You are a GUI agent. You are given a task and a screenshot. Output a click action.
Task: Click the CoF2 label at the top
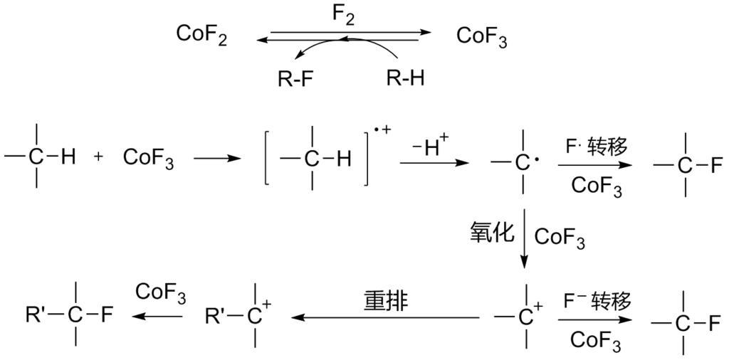click(201, 36)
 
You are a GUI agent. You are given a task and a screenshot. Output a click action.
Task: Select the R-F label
click(295, 78)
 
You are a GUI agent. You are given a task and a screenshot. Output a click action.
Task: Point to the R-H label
click(405, 78)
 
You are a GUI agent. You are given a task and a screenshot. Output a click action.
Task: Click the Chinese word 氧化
click(490, 233)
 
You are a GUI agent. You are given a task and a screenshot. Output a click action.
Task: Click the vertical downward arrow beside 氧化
click(524, 238)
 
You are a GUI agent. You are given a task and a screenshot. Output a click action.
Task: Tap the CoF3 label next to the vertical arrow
click(559, 238)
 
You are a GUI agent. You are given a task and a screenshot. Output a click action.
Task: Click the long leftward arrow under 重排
click(385, 317)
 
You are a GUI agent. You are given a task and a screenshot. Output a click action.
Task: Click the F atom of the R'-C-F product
click(106, 314)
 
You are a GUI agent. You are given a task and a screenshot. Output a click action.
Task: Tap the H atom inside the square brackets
click(343, 159)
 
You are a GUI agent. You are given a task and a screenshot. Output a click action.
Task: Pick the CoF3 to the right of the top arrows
click(481, 36)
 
